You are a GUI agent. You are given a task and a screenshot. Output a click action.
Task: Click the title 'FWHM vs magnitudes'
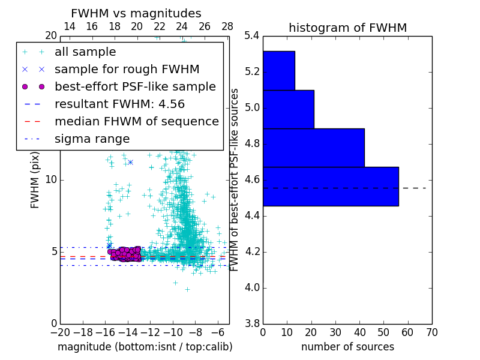[136, 13]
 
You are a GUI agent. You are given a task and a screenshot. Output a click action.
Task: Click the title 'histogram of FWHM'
[347, 28]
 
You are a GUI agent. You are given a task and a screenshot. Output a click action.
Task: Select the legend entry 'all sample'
[85, 52]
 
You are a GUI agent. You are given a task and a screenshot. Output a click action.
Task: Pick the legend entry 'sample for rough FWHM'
[127, 70]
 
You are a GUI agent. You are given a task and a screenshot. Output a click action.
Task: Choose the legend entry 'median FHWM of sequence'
[136, 122]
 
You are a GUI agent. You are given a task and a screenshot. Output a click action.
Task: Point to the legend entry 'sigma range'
[92, 139]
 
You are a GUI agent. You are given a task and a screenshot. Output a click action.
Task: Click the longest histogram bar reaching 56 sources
[331, 186]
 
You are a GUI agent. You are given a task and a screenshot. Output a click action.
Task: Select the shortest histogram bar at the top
[278, 70]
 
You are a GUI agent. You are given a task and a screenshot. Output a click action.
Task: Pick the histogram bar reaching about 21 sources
[288, 109]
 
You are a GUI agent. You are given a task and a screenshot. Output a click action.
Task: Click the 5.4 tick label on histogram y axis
[252, 36]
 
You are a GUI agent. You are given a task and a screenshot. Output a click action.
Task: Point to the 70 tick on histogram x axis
[431, 332]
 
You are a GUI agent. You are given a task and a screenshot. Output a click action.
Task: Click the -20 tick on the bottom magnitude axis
[60, 332]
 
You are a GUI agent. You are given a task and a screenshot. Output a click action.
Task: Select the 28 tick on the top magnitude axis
[227, 26]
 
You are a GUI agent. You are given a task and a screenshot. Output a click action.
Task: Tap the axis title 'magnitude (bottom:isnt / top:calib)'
[145, 347]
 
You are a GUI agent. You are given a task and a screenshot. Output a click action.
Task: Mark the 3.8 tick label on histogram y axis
[252, 323]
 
